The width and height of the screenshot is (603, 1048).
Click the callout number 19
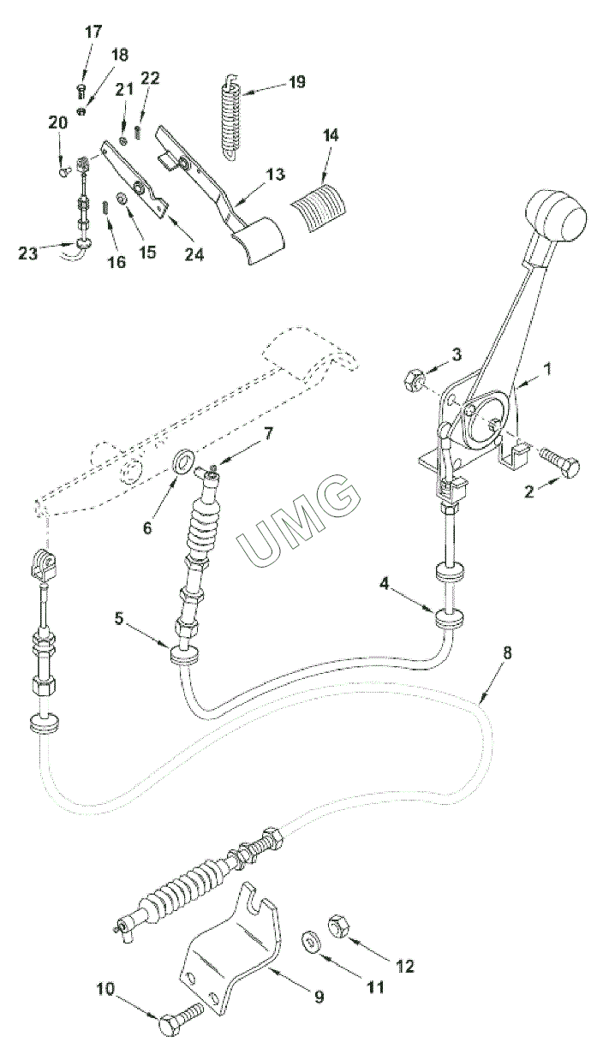pos(296,82)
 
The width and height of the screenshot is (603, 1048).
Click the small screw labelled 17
pos(80,92)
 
